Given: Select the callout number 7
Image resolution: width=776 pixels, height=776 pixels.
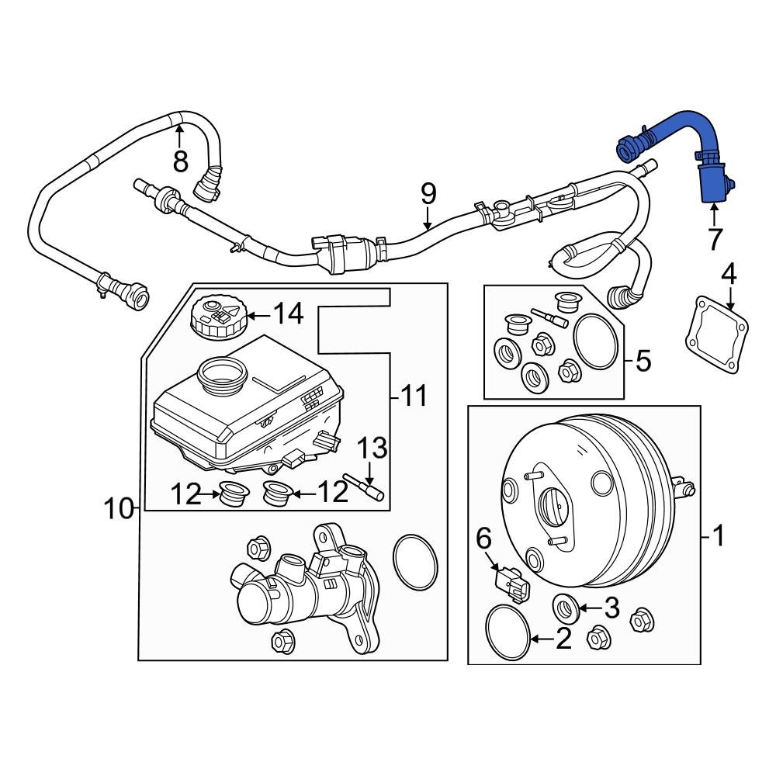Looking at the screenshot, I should click(714, 239).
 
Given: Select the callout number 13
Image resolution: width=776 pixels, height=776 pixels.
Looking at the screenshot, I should click(371, 448).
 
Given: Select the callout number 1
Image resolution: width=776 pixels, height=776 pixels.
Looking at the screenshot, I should click(719, 535).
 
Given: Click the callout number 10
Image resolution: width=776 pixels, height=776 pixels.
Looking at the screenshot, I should click(120, 508).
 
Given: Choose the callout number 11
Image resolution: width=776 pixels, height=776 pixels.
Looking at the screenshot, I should click(414, 397).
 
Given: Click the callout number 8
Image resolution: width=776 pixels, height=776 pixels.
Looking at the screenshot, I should click(180, 161).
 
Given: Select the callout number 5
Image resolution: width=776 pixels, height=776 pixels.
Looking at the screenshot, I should click(643, 360).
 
